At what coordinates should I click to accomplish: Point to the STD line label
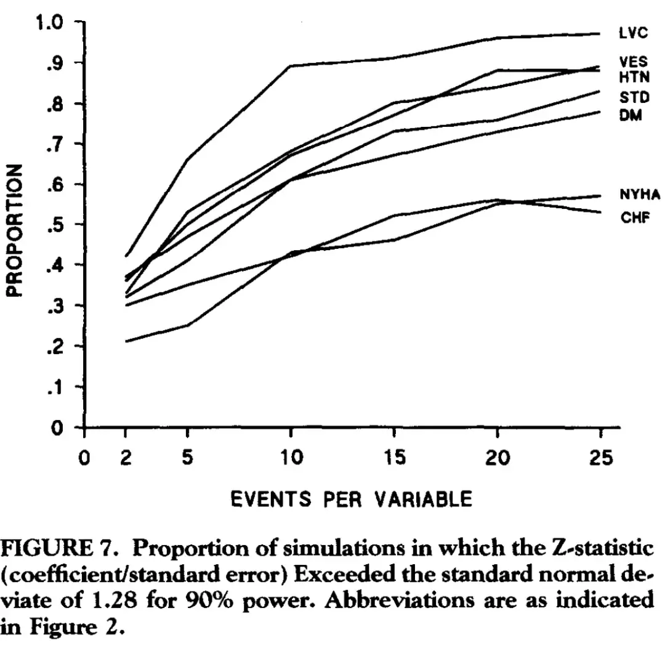(x=631, y=97)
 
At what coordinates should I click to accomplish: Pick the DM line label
(x=631, y=115)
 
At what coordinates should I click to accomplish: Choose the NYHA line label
(x=639, y=195)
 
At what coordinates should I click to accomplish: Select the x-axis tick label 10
(x=290, y=458)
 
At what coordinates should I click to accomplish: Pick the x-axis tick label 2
(x=126, y=458)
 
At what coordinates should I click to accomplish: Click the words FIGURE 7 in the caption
(x=52, y=547)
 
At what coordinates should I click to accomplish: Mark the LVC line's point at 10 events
(x=290, y=65)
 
